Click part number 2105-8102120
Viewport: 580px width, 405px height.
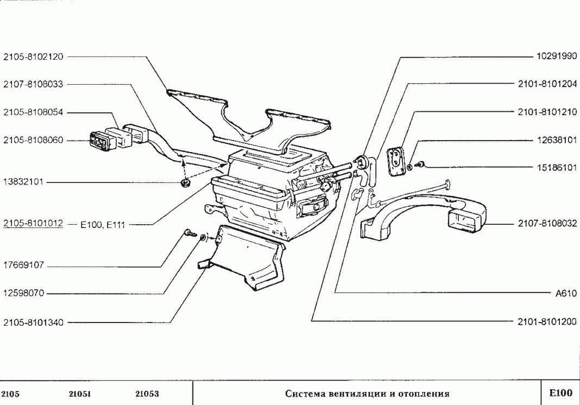click(x=33, y=56)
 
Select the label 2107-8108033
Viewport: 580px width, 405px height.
click(x=33, y=84)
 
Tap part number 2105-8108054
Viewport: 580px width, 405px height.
click(x=33, y=112)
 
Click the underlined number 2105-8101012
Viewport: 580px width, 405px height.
click(x=33, y=223)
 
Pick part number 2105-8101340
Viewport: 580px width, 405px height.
click(x=33, y=322)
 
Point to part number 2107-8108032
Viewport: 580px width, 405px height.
click(x=547, y=224)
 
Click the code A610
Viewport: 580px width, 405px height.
click(x=565, y=294)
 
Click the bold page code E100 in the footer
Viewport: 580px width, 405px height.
click(x=560, y=393)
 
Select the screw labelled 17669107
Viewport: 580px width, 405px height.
click(x=188, y=232)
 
